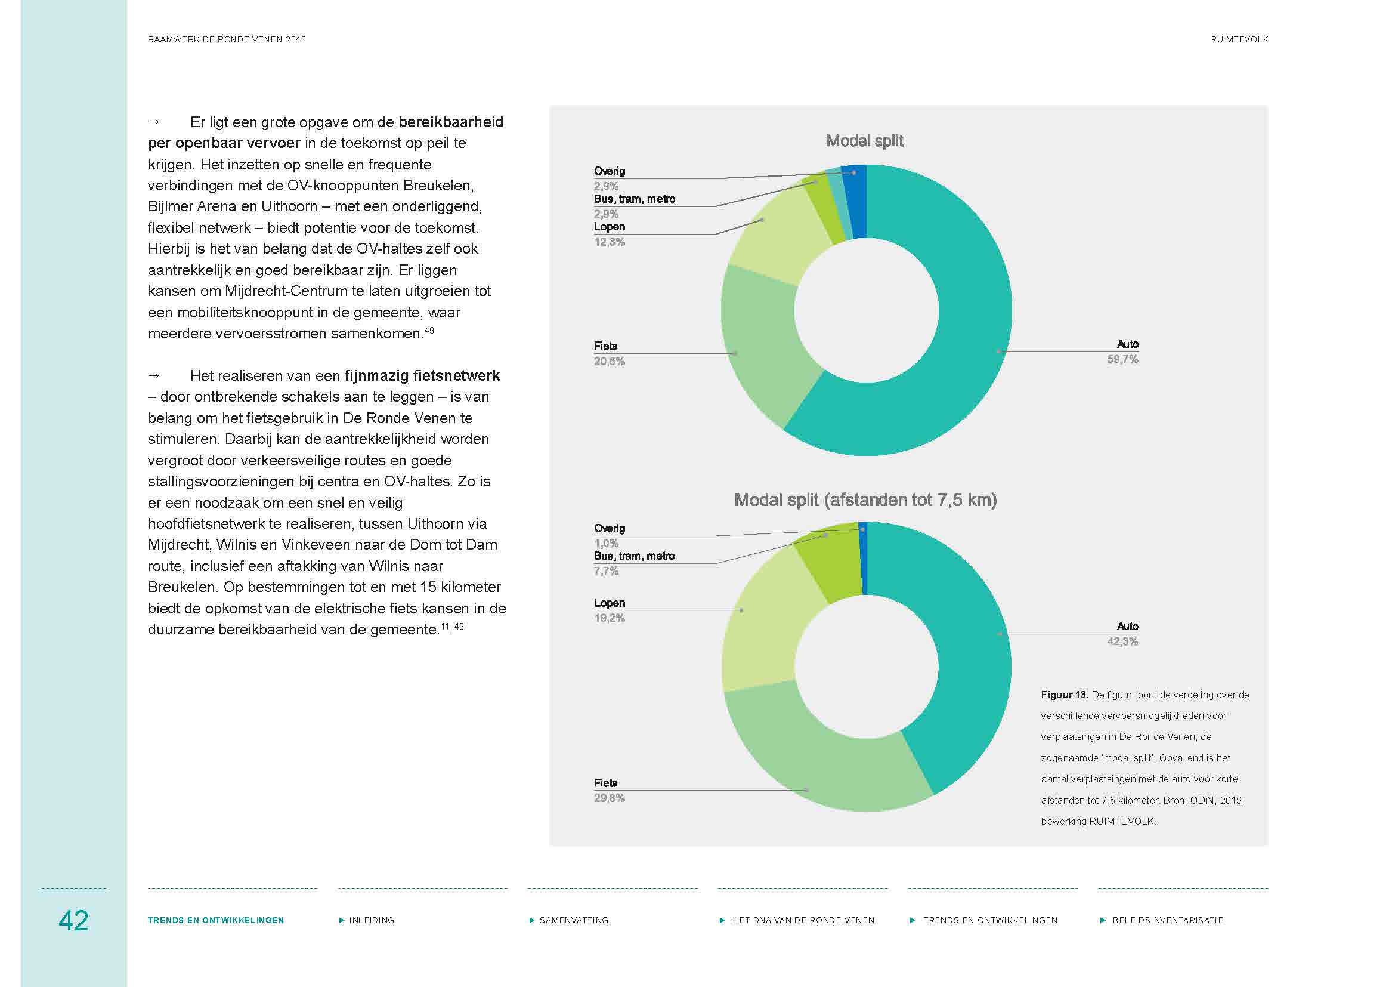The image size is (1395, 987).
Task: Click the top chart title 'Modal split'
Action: click(x=865, y=141)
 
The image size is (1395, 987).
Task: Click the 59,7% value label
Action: click(x=1122, y=359)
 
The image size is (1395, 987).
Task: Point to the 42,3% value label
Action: click(x=1122, y=641)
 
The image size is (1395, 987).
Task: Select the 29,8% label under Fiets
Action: click(x=609, y=798)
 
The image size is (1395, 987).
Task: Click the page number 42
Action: click(x=73, y=920)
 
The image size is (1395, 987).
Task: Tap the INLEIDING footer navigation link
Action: click(x=371, y=920)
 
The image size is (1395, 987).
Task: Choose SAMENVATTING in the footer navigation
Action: click(x=574, y=920)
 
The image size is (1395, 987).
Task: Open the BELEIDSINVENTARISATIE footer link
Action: click(x=1167, y=920)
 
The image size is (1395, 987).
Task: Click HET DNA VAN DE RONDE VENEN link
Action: click(x=803, y=920)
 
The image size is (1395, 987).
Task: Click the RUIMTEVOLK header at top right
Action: click(x=1239, y=39)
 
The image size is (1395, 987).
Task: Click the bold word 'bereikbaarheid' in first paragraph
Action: click(x=451, y=122)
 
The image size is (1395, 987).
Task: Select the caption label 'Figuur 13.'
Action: click(x=1064, y=695)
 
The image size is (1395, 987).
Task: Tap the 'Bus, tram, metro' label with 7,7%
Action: click(x=634, y=556)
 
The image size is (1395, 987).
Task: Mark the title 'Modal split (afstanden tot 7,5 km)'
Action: click(x=865, y=500)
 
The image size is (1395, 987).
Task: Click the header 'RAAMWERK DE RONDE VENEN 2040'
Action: click(x=227, y=39)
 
